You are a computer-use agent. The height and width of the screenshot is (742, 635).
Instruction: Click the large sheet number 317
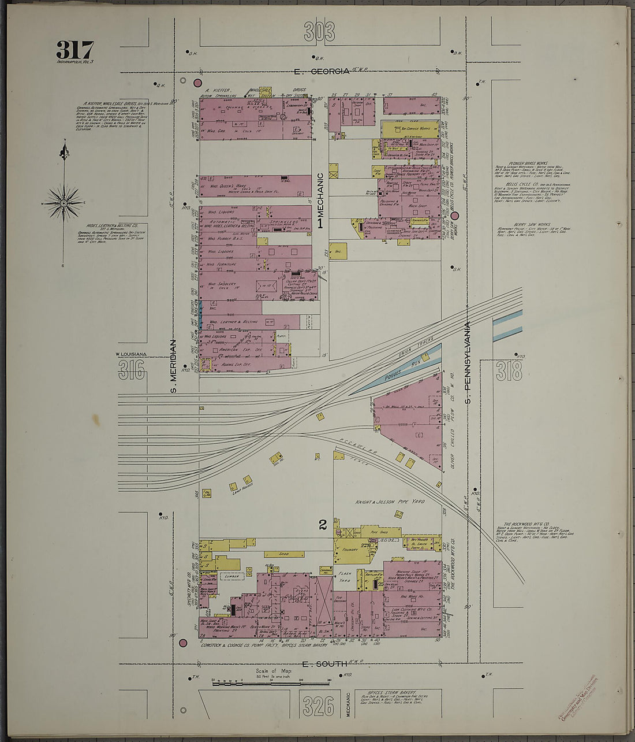click(74, 50)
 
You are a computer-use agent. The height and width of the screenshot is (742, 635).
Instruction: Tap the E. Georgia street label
click(321, 72)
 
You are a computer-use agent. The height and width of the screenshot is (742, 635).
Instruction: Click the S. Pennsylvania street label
click(469, 362)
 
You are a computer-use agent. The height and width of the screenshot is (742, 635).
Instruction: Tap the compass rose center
click(63, 203)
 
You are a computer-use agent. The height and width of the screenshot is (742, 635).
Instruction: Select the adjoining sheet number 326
click(318, 706)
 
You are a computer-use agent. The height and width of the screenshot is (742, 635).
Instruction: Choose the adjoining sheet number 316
click(132, 370)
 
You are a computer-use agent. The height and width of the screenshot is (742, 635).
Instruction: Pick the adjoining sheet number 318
click(509, 371)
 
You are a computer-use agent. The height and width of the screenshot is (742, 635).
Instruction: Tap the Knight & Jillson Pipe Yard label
click(390, 502)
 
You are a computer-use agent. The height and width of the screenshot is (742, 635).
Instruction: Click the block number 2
click(323, 525)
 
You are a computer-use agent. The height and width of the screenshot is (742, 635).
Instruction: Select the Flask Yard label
click(345, 578)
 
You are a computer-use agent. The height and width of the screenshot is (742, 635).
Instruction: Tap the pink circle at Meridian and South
click(184, 643)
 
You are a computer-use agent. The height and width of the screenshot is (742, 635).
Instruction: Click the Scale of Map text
click(274, 671)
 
